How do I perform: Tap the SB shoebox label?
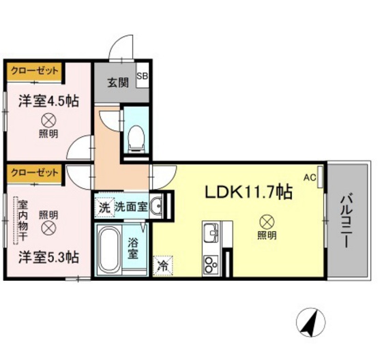click(x=144, y=76)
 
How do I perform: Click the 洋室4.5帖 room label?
click(x=48, y=101)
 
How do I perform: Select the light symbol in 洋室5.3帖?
click(x=48, y=228)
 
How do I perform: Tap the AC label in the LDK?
click(x=310, y=178)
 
